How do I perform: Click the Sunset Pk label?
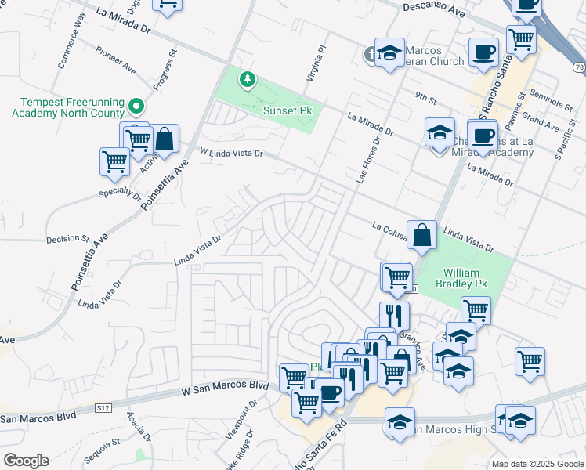pyautogui.click(x=287, y=111)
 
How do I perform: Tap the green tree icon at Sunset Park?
pyautogui.click(x=248, y=79)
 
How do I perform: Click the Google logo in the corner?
pyautogui.click(x=26, y=461)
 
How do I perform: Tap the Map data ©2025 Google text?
pyautogui.click(x=537, y=464)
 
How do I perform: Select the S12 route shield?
pyautogui.click(x=103, y=408)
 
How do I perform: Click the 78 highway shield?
pyautogui.click(x=578, y=68)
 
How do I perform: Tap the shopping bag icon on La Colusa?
pyautogui.click(x=421, y=234)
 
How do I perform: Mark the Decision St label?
pyautogui.click(x=67, y=238)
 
